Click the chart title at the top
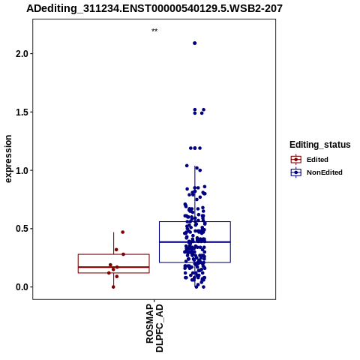[x=154, y=8]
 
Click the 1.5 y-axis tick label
[x=22, y=112]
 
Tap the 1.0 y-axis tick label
[x=22, y=170]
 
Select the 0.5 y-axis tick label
[x=22, y=229]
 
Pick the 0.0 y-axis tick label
[x=22, y=287]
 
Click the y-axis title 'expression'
[x=8, y=159]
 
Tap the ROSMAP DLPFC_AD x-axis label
[x=154, y=328]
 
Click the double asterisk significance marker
[x=154, y=31]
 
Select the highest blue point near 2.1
[x=195, y=43]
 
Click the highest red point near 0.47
[x=123, y=232]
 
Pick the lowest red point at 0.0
[x=113, y=287]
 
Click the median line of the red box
[x=114, y=267]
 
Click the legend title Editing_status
[x=320, y=145]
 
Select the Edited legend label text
[x=317, y=160]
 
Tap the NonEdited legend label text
[x=325, y=172]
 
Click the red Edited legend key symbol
[x=296, y=160]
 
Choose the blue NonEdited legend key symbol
[x=296, y=172]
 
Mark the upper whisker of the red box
[x=114, y=243]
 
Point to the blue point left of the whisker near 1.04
[x=187, y=166]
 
